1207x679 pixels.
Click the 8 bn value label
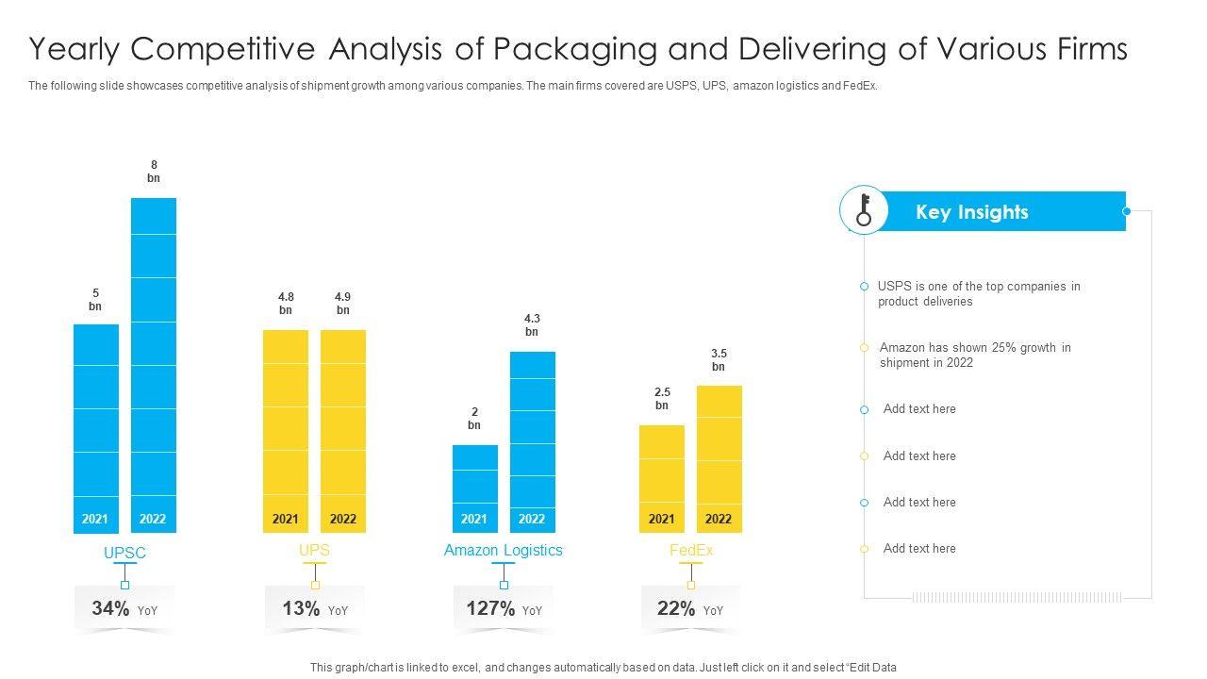(154, 172)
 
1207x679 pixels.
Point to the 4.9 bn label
(343, 304)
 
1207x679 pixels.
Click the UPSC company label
(124, 554)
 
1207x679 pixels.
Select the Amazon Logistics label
(503, 551)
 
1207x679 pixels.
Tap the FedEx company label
(691, 551)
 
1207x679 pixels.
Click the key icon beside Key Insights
(863, 210)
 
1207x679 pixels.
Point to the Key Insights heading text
(971, 212)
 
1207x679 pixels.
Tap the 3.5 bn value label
(719, 360)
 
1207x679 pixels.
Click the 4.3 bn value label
(532, 325)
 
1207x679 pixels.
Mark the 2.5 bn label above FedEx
(662, 399)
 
